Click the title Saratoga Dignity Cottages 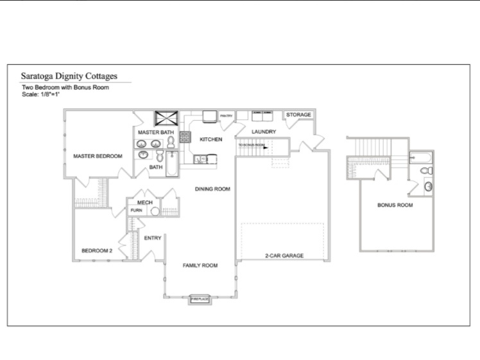[69, 76]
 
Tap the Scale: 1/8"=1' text [41, 94]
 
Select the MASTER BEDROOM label [98, 156]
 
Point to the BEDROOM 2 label [97, 250]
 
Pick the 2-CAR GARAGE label [284, 255]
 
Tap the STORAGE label [298, 115]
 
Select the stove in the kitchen [185, 137]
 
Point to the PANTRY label [226, 116]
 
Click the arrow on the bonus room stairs [264, 146]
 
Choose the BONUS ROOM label [395, 205]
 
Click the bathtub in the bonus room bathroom [420, 157]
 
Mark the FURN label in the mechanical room [136, 210]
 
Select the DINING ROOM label [212, 189]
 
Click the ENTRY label [153, 238]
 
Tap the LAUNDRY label [264, 132]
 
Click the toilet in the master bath [171, 143]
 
